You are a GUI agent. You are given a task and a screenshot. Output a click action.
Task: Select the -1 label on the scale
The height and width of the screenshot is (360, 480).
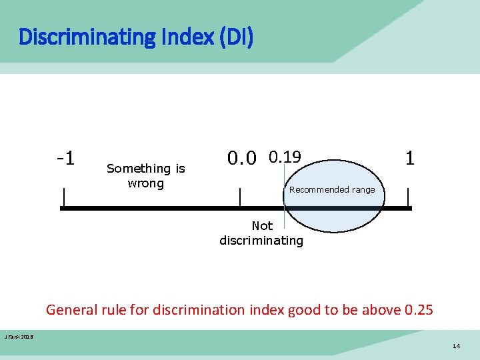pos(65,159)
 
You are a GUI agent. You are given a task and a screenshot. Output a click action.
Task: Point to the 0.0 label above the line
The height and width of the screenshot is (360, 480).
pos(241,159)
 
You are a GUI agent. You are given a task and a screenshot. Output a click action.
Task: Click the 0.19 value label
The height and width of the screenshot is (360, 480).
pos(285,157)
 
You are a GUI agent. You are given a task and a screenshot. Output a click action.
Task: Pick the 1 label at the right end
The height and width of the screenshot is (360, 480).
pos(410,158)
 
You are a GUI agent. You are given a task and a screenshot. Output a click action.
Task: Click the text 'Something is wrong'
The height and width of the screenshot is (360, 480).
pos(145,176)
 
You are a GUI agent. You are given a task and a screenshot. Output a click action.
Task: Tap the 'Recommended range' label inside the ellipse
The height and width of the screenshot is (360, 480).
pos(332,190)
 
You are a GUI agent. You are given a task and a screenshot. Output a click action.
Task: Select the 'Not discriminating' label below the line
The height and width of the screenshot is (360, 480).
pos(261,233)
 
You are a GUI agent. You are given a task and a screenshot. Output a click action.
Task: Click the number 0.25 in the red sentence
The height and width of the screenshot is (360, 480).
pos(419,310)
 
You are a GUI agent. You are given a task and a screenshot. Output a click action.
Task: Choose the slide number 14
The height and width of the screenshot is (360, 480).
pos(456,347)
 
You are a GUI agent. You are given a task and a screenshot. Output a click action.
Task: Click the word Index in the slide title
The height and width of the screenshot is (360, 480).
pos(189,37)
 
